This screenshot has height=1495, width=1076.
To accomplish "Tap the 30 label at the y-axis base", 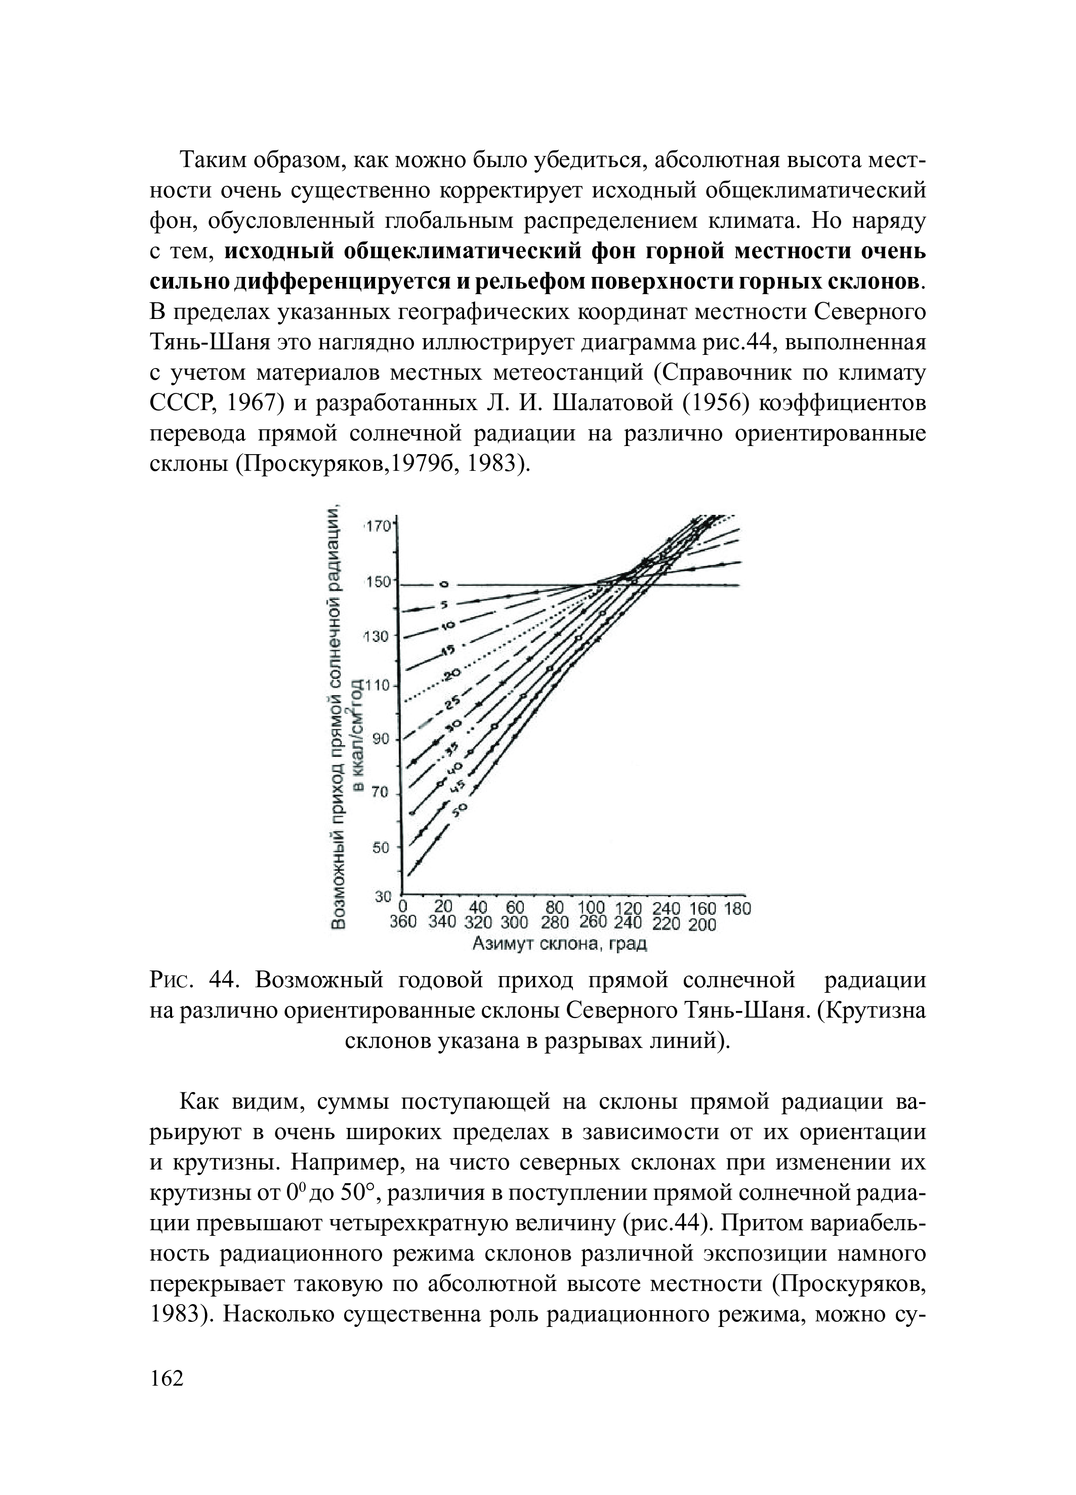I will click(x=383, y=897).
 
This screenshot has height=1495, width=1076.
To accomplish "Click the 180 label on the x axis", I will click(x=737, y=909).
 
